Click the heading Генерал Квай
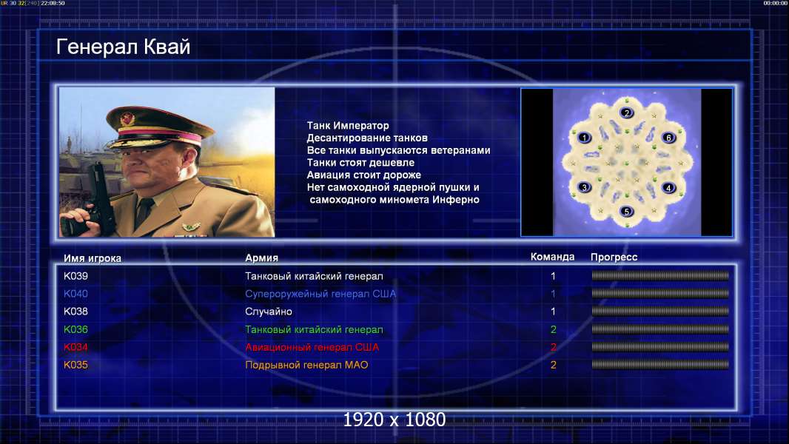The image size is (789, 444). click(124, 47)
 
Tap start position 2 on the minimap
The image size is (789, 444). click(626, 112)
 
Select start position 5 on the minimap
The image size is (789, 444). click(626, 211)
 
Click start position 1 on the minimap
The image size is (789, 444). click(584, 138)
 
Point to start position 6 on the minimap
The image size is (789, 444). click(669, 138)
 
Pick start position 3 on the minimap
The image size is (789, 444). click(584, 187)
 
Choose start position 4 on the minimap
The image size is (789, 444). click(669, 187)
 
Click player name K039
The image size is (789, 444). click(75, 276)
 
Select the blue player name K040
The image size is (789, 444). click(75, 294)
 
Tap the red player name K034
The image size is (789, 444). click(75, 347)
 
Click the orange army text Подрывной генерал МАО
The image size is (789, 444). click(306, 365)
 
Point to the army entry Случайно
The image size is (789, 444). click(268, 312)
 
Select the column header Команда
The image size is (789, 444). click(552, 257)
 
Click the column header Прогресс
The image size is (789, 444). click(614, 257)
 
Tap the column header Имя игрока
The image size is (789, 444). click(92, 258)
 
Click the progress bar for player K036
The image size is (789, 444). click(660, 329)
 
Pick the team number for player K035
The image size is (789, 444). click(553, 365)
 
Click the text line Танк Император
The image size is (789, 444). click(348, 126)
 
